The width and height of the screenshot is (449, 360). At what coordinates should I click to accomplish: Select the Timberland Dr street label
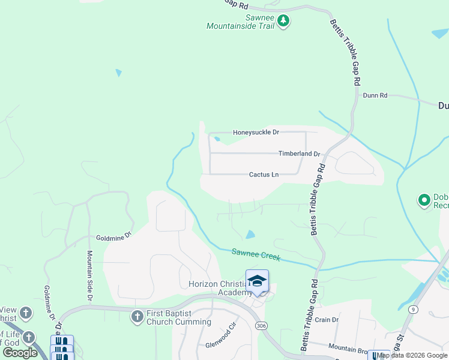click(300, 154)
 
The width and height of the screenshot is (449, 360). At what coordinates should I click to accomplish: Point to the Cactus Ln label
click(264, 175)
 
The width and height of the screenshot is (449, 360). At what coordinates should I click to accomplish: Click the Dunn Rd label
click(375, 95)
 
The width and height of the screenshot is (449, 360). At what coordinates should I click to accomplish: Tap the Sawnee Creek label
click(256, 256)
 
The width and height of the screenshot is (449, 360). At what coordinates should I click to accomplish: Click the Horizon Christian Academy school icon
click(257, 281)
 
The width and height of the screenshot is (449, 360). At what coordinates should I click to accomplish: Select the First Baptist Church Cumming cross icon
click(137, 316)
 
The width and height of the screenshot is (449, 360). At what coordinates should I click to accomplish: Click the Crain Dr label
click(327, 320)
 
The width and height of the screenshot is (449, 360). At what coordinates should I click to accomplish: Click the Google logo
click(20, 353)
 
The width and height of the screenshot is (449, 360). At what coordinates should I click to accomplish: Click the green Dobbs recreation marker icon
click(425, 200)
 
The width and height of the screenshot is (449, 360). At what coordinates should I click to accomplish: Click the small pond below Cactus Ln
click(250, 234)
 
